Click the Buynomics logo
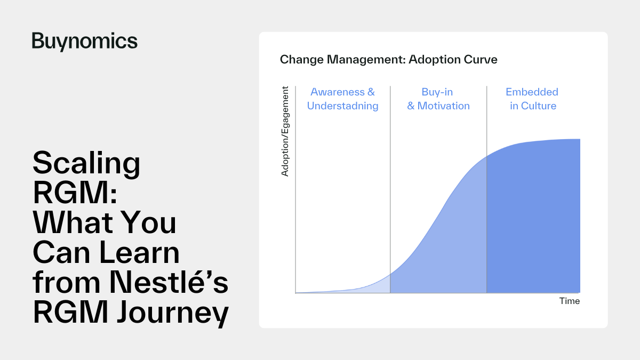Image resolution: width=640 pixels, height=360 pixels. coord(85,42)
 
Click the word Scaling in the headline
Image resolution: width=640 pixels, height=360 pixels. coord(86,164)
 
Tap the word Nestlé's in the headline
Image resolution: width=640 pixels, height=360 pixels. coord(169,282)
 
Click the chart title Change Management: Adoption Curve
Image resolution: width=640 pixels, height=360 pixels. coord(389,60)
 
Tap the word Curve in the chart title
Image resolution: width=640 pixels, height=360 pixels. coord(481,59)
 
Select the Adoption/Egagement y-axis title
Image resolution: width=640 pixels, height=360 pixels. coord(285,131)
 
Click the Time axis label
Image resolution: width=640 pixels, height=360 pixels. coord(570,301)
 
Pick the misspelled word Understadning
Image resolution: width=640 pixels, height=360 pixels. coord(342,106)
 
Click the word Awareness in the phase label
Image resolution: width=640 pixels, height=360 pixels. coord(338,92)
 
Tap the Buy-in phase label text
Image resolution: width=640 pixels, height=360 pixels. coord(437,92)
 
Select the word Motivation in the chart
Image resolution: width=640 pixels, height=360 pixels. coord(443,106)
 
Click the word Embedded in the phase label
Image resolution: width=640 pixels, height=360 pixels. coord(532,92)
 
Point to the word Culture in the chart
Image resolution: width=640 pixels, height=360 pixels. coord(539,106)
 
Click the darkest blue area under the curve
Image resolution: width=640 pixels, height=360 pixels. coord(533,223)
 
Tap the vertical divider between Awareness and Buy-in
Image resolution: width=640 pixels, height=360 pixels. coord(390,189)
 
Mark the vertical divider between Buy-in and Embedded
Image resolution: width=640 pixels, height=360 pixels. coord(487,189)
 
